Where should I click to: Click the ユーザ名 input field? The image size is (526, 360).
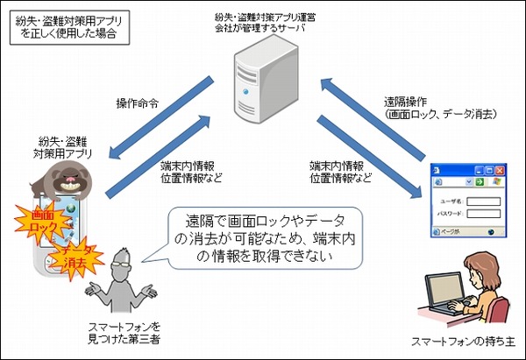483,201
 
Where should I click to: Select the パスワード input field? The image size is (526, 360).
483,214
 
